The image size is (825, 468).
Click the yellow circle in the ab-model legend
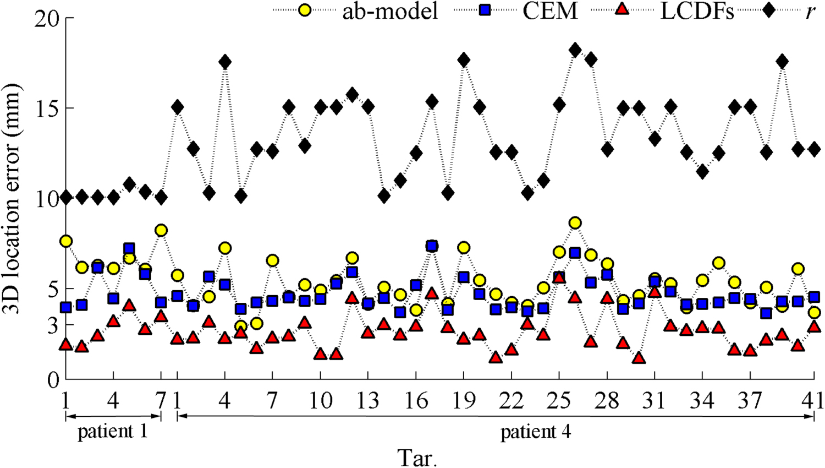click(304, 10)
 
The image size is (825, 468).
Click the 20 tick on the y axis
click(47, 18)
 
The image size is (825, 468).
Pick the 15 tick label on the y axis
click(47, 108)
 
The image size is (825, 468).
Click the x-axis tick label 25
click(559, 400)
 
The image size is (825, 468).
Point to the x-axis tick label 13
click(368, 400)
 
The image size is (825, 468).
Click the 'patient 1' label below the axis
click(113, 432)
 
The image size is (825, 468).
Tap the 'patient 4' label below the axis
click(536, 432)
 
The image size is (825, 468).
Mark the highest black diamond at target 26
click(575, 50)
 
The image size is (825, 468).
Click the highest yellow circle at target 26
click(575, 223)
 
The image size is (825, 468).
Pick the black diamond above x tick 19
click(464, 59)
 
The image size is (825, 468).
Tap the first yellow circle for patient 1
click(66, 241)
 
